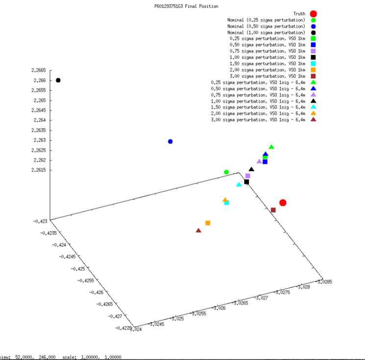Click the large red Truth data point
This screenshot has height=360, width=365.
click(283, 203)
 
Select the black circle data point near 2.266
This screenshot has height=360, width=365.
click(58, 80)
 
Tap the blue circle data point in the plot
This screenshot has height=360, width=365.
click(170, 141)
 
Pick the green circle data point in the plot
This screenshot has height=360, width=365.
click(226, 172)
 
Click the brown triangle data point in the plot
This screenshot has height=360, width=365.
click(198, 231)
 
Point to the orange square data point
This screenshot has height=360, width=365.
click(208, 223)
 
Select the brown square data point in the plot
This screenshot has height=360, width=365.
click(273, 210)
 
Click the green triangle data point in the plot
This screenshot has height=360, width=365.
click(271, 147)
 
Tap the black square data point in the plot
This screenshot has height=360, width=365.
click(246, 182)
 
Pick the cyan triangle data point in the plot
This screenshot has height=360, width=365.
click(239, 184)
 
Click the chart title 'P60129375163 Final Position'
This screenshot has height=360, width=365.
click(186, 6)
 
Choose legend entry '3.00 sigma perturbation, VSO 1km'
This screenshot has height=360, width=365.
click(268, 76)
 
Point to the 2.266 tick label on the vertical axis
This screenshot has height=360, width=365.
click(40, 80)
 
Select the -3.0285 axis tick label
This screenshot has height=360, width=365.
click(324, 282)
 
